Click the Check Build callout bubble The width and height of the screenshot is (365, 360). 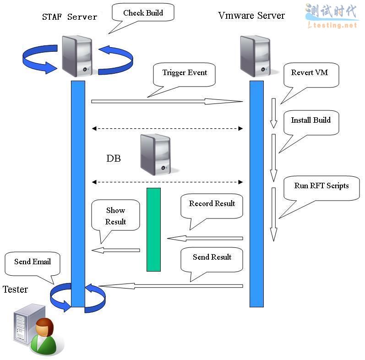143,13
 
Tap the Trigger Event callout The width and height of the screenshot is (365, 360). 185,73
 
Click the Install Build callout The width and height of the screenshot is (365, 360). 311,120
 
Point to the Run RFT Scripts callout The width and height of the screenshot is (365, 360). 321,186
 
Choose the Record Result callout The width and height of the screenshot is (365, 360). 212,204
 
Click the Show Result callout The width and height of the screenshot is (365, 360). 115,216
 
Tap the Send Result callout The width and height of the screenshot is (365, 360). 212,257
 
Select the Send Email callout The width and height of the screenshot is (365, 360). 32,262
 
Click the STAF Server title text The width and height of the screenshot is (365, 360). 70,17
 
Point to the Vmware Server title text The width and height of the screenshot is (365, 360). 251,16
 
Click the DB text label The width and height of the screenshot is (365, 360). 114,159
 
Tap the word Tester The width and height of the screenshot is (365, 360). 15,289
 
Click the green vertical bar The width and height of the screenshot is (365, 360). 153,229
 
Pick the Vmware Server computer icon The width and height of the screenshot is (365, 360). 255,56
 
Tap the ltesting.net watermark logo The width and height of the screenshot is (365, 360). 331,16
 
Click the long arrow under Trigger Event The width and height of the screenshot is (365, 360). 167,101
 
